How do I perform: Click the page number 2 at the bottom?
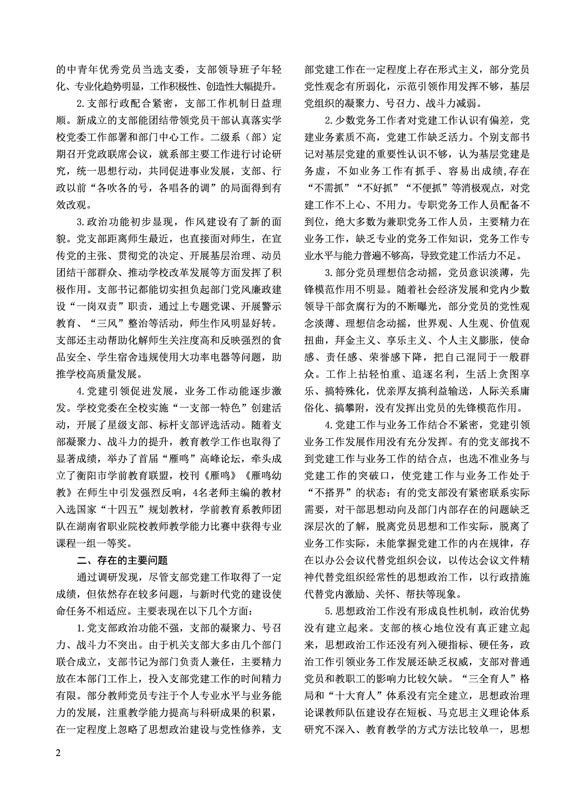pyautogui.click(x=59, y=754)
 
